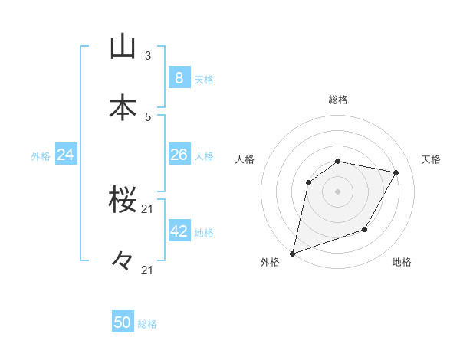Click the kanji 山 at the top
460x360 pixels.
click(123, 47)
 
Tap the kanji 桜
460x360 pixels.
click(123, 201)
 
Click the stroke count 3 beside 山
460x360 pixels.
click(148, 55)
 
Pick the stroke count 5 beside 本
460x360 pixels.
click(148, 116)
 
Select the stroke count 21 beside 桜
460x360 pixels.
click(148, 208)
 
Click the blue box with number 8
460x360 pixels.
click(179, 77)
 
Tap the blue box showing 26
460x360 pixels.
click(179, 155)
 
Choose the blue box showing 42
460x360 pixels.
click(179, 231)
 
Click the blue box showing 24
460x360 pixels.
click(65, 155)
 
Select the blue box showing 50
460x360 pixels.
click(123, 322)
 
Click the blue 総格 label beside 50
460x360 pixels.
click(148, 324)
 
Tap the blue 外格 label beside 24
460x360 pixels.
click(41, 156)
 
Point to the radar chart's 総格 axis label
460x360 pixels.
click(338, 100)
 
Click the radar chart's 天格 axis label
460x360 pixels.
click(431, 159)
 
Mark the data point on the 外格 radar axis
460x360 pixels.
click(292, 254)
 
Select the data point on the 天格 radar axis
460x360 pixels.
click(396, 172)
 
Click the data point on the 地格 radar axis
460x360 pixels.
click(365, 229)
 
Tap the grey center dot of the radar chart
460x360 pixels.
click(337, 191)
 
